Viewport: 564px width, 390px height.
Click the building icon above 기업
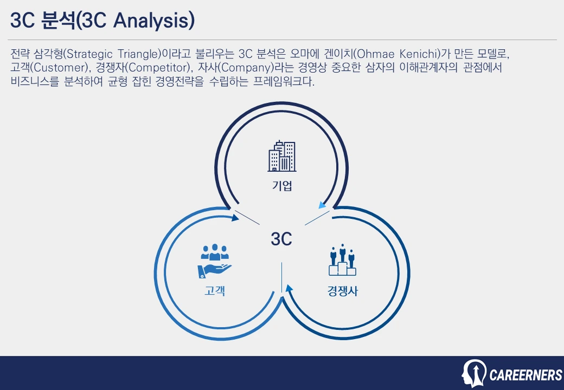[x=282, y=156]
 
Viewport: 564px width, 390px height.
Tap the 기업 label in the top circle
[x=282, y=186]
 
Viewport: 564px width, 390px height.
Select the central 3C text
[x=281, y=239]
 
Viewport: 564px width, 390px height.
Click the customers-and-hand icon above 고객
[x=215, y=261]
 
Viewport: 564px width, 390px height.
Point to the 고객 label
[x=215, y=291]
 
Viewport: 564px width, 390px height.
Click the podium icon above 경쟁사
[x=342, y=261]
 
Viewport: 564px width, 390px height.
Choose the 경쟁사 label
[x=342, y=291]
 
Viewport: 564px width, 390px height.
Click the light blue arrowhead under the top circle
[x=322, y=205]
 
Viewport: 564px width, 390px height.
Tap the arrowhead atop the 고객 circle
[x=235, y=218]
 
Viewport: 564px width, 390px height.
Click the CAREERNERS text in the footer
[x=525, y=375]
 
